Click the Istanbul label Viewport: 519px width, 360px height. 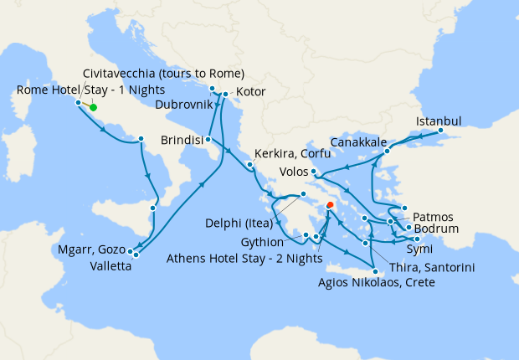click(x=438, y=121)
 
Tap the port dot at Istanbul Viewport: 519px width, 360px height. click(x=440, y=131)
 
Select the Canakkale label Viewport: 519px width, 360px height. click(x=358, y=140)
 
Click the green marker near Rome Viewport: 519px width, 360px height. click(x=93, y=107)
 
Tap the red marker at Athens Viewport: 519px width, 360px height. click(x=331, y=203)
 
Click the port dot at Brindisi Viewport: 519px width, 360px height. click(x=206, y=139)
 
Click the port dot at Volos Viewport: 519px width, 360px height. click(x=312, y=172)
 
